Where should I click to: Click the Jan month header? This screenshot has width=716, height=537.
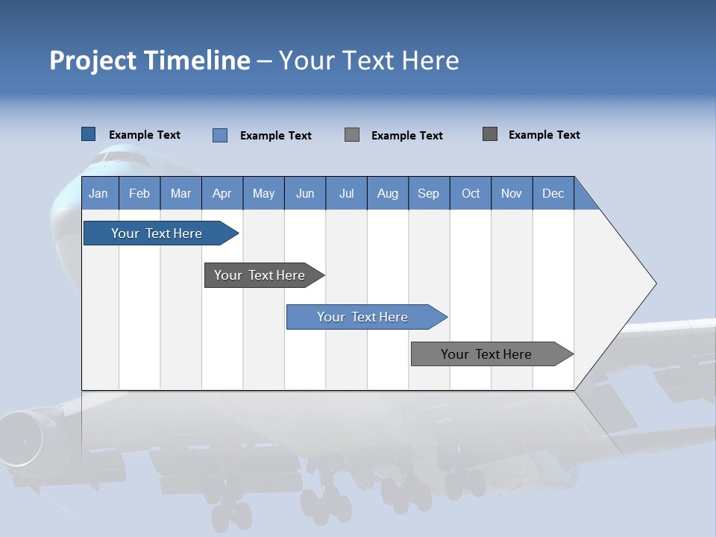pos(98,193)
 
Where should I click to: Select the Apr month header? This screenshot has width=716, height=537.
pos(222,193)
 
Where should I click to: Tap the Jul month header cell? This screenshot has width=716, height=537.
pos(346,193)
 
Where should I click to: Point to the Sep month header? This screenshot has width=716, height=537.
pos(428,193)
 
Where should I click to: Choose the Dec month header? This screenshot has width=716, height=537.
pos(553,193)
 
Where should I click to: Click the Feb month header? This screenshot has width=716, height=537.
pos(139,193)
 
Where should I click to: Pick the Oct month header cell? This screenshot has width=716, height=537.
pos(471,193)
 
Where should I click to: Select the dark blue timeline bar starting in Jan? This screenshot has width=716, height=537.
pos(157,233)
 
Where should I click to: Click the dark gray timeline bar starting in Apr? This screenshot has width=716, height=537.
pos(260,275)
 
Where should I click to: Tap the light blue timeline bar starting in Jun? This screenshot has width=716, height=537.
pos(362,317)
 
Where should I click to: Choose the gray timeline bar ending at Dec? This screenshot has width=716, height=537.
pos(486,354)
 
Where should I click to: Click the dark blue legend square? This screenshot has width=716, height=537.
pos(89,134)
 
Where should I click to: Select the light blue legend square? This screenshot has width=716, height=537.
pos(220,135)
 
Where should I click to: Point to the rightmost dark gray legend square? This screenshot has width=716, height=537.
pos(490,134)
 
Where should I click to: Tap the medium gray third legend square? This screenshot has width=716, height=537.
pos(352,135)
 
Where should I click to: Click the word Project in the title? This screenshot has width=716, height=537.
pos(91,60)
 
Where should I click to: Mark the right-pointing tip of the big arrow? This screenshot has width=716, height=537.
pos(654,283)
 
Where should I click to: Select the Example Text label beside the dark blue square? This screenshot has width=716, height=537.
pos(145,135)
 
